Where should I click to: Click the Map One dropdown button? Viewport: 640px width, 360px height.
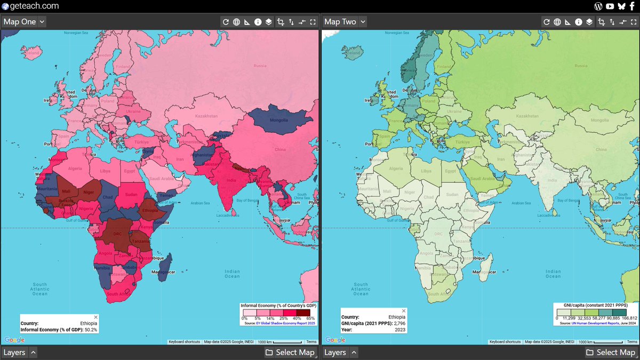pyautogui.click(x=24, y=22)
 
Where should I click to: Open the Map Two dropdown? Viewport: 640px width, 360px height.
pyautogui.click(x=345, y=22)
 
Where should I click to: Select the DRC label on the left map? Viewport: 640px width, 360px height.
pyautogui.click(x=118, y=234)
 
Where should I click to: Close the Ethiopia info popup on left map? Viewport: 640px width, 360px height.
pyautogui.click(x=95, y=317)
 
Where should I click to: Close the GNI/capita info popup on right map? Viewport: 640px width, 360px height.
pyautogui.click(x=404, y=310)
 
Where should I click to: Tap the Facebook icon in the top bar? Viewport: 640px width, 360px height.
pyautogui.click(x=632, y=6)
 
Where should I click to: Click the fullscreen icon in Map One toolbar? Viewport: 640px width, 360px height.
pyautogui.click(x=313, y=22)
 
